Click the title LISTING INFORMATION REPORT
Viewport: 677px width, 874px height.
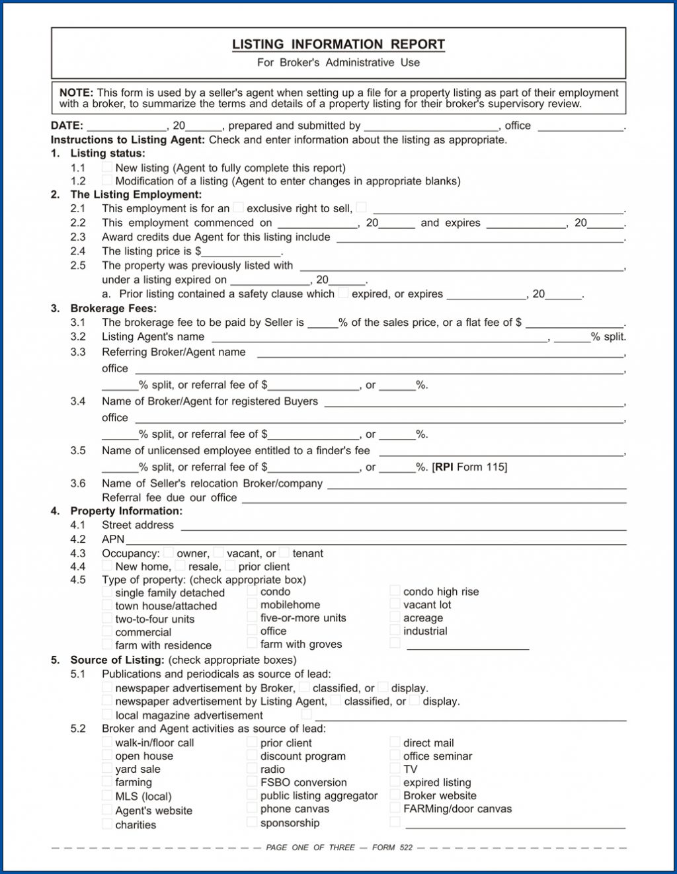[x=338, y=44]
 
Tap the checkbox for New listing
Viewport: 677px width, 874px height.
[x=107, y=167]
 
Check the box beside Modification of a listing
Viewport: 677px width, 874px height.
[x=107, y=180]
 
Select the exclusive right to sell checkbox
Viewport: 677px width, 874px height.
[x=239, y=208]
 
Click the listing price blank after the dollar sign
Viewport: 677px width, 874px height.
[x=241, y=252]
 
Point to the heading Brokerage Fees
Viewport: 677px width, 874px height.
[x=113, y=308]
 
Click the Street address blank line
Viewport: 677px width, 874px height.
[x=403, y=526]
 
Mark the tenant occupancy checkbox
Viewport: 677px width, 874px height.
[x=284, y=553]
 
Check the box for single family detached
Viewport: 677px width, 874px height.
[x=107, y=592]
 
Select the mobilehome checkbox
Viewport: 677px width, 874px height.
[x=252, y=604]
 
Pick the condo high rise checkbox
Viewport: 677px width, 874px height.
[x=395, y=591]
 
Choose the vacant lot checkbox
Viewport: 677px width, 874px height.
[x=395, y=604]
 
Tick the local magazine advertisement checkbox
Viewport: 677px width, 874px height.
[x=107, y=715]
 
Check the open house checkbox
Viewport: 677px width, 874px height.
[x=107, y=756]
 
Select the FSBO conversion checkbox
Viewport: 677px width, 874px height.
[x=252, y=782]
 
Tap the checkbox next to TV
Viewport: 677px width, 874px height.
[x=395, y=769]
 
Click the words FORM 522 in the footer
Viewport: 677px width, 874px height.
[x=392, y=848]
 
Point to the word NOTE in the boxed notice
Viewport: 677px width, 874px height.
[x=75, y=93]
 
